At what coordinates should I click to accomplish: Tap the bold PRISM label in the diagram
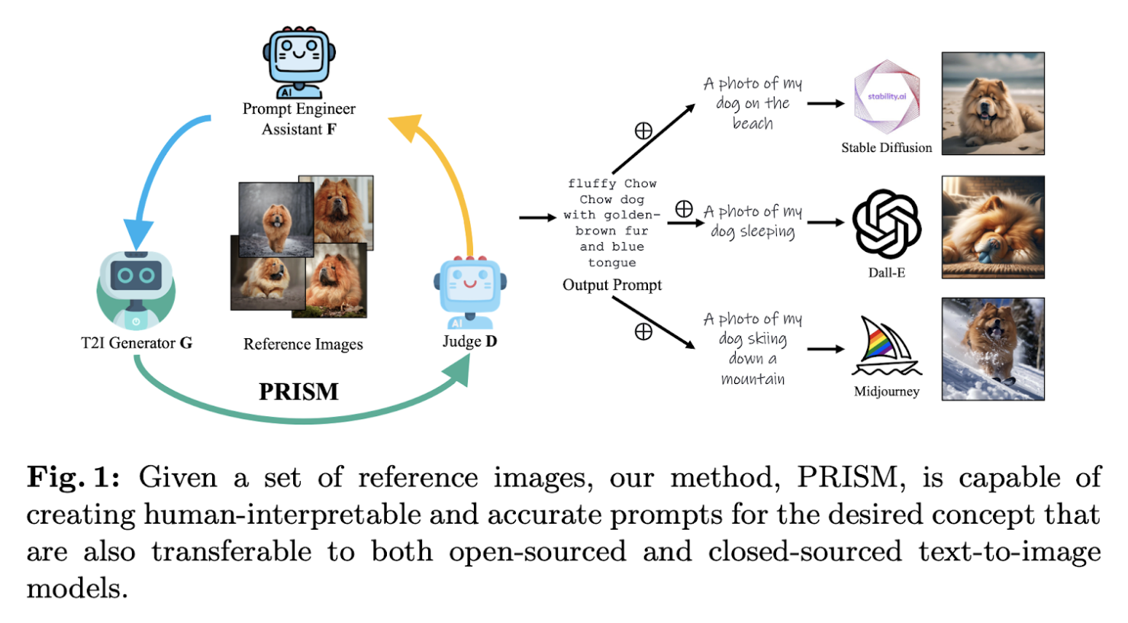coord(298,392)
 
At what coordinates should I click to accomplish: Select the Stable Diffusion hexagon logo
coord(886,98)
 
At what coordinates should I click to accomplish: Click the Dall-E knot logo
coord(886,224)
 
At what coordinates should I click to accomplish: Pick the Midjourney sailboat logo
coord(886,347)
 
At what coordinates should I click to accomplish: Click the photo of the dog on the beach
coord(992,103)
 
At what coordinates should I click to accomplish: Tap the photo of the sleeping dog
coord(992,227)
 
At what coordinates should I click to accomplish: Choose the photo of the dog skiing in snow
coord(992,349)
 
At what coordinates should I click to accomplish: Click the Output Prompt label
coord(612,285)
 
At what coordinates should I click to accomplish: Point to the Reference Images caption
coord(303,344)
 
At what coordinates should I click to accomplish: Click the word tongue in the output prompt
coord(612,263)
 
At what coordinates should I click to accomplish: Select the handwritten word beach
coord(753,124)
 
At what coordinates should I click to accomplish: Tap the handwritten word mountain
coord(753,379)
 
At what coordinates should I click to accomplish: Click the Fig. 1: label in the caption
coord(73,478)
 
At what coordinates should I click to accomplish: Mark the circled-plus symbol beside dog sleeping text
coord(684,208)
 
